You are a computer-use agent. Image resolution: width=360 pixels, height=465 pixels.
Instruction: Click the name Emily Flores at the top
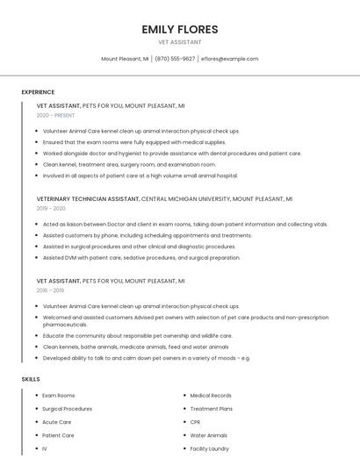[x=179, y=29]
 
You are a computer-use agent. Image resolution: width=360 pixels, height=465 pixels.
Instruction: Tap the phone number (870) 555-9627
[x=175, y=59]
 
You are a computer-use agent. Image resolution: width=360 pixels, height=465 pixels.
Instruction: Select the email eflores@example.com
[x=229, y=59]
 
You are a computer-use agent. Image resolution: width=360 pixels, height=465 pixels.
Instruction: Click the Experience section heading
[x=38, y=92]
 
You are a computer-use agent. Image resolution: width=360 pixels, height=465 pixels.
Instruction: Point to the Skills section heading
[x=31, y=379]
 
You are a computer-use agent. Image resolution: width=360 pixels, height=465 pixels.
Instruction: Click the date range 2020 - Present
[x=55, y=115]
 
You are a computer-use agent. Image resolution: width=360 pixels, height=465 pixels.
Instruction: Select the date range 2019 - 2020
[x=51, y=209]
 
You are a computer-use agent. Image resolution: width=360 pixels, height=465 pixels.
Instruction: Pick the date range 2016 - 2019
[x=50, y=290]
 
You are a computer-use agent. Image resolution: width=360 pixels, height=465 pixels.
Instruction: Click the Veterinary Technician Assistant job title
[x=88, y=199]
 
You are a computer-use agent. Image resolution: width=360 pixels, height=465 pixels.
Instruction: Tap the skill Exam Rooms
[x=59, y=396]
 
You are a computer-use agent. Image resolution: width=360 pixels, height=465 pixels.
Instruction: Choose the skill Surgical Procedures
[x=67, y=409]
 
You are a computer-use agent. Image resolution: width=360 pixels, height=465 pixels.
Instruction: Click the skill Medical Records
[x=211, y=396]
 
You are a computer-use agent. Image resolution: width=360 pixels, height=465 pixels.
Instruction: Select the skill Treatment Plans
[x=211, y=409]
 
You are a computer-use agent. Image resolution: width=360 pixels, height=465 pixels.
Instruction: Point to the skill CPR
[x=195, y=422]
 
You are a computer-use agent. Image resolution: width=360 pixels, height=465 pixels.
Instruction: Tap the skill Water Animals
[x=208, y=435]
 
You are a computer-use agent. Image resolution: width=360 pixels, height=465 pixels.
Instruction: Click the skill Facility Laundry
[x=209, y=448]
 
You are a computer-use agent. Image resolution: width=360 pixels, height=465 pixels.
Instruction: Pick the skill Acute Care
[x=56, y=422]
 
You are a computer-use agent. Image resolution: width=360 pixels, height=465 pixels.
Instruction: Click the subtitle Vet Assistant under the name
[x=179, y=42]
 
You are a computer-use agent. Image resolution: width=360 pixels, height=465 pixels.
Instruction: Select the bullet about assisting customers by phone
[x=147, y=235]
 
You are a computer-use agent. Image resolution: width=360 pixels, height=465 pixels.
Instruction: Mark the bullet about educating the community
[x=137, y=335]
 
